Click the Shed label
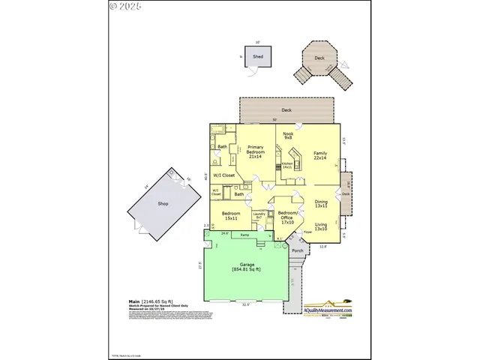click(x=258, y=56)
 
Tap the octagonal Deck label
click(x=319, y=57)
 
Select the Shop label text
click(x=163, y=203)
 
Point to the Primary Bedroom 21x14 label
click(x=256, y=153)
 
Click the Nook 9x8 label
click(x=288, y=136)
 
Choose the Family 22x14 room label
click(x=320, y=155)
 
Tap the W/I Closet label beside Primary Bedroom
click(x=223, y=175)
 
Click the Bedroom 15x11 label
click(x=230, y=217)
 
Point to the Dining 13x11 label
click(x=321, y=203)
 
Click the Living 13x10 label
click(x=321, y=227)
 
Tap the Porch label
click(x=298, y=250)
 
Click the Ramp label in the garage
click(x=245, y=235)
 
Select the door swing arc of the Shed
click(x=253, y=70)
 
